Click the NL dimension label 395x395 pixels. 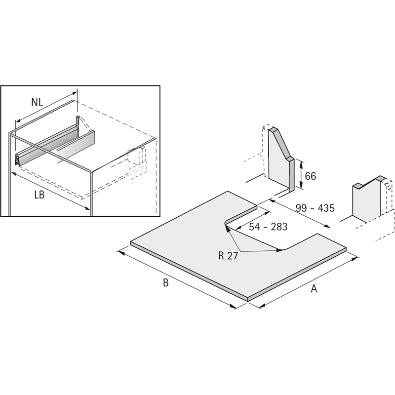[38, 103]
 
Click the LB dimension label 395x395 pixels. [39, 195]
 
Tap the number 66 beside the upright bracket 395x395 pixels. [311, 176]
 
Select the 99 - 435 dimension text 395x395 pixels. [315, 208]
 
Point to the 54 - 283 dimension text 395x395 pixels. [268, 227]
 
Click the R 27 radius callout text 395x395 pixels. [228, 256]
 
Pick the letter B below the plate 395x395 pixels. [165, 282]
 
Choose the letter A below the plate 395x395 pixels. [314, 288]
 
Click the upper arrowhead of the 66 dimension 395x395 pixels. [301, 164]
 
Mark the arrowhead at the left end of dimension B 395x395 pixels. [121, 252]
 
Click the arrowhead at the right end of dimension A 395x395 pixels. [355, 258]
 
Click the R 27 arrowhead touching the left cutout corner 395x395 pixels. [228, 229]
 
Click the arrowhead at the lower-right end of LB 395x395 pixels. [87, 208]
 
